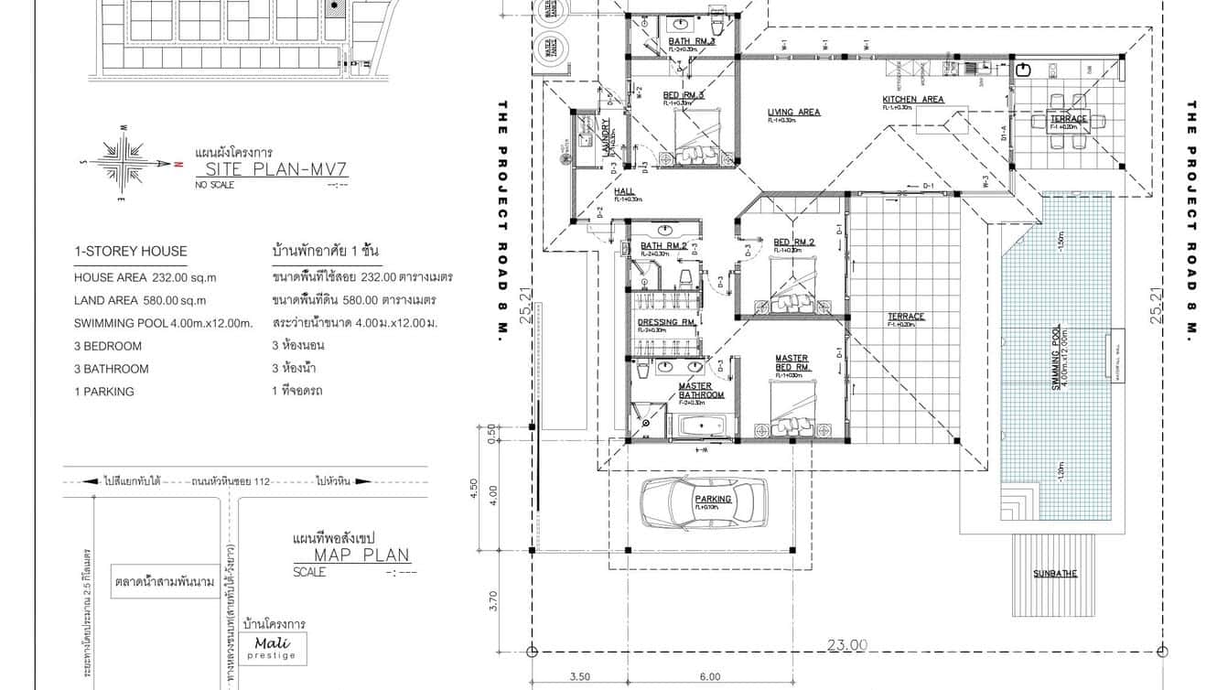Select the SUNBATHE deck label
[x=1055, y=574]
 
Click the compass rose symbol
[x=125, y=162]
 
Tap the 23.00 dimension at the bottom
[x=846, y=645]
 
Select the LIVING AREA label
[x=793, y=113]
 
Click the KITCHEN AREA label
[x=912, y=100]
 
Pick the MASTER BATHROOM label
[x=701, y=391]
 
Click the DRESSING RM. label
[x=667, y=322]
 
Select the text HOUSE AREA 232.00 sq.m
[x=145, y=277]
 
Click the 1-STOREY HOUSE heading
[x=131, y=251]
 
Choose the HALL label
[x=624, y=192]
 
